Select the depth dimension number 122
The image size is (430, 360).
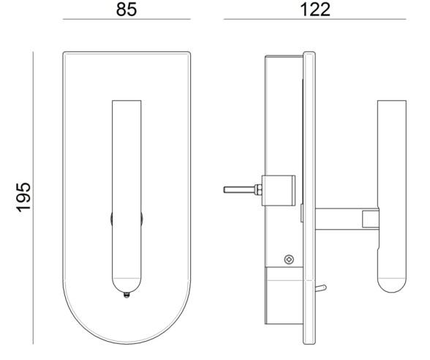(x=315, y=10)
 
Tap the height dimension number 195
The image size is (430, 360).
(x=23, y=197)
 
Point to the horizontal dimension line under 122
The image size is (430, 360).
(x=315, y=19)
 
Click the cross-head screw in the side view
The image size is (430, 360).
(x=290, y=258)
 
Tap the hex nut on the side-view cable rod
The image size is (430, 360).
(x=258, y=190)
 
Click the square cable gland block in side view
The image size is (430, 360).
(x=279, y=188)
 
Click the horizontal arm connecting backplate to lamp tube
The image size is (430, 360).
(x=339, y=218)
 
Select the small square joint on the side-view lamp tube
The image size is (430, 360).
(x=371, y=218)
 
